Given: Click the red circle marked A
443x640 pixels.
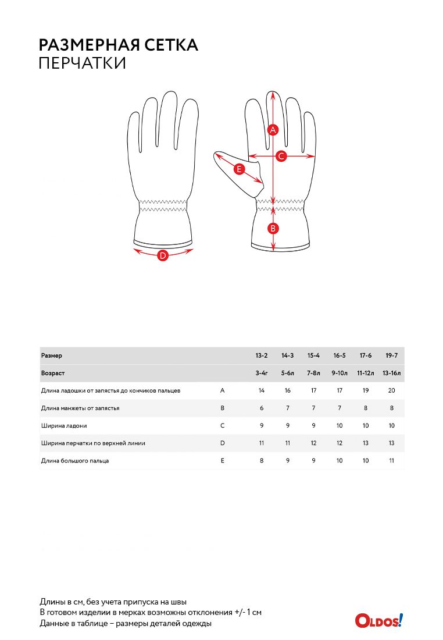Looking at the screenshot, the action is coord(273,130).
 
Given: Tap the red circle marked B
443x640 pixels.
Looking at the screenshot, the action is coord(273,229).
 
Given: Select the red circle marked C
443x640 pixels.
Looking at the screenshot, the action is coord(281,156).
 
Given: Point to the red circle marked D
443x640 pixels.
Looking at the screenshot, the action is coord(163,256).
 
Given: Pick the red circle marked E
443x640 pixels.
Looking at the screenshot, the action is coord(239,169).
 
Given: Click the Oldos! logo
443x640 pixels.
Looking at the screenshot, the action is coord(379,620).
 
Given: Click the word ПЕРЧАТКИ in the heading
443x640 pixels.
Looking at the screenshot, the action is coord(83,63).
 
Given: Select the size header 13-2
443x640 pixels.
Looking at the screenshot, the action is coord(262,355).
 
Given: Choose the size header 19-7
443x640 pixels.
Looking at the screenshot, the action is coord(392,355).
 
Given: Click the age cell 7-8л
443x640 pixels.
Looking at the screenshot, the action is coord(314,373).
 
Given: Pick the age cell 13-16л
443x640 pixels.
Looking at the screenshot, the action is coord(392,373).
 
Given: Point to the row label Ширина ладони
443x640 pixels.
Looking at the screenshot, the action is coord(64,426).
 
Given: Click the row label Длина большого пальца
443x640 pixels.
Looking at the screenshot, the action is coord(75,461).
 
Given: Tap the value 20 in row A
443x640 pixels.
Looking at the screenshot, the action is coord(392,390).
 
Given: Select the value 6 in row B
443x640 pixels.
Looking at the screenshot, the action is coord(262,408).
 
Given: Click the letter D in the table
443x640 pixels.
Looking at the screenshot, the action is coord(222,443).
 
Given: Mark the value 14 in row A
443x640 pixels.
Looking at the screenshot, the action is coord(262,390).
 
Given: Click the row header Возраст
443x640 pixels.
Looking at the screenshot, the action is coord(53,373).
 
